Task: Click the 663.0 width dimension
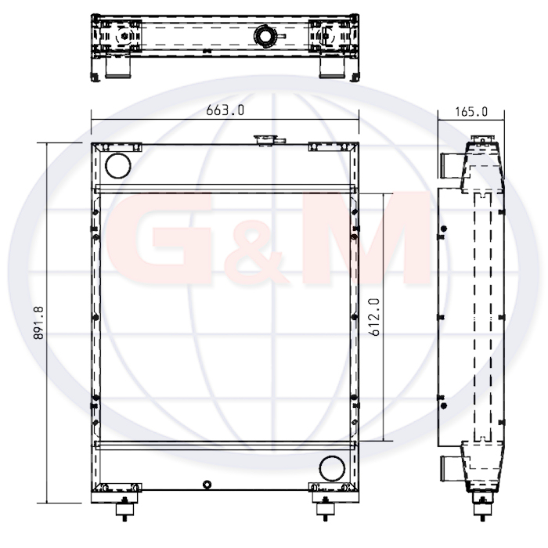pos(225,110)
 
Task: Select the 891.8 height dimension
pos(38,323)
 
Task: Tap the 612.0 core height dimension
pos(374,317)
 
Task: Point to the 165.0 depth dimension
pos(471,112)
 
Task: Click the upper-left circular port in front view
pos(118,166)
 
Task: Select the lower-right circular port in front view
pos(332,469)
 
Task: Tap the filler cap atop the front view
pos(269,140)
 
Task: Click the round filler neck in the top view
pos(265,36)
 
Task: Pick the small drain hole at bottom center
pos(207,485)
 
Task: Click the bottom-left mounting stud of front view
pos(124,509)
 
